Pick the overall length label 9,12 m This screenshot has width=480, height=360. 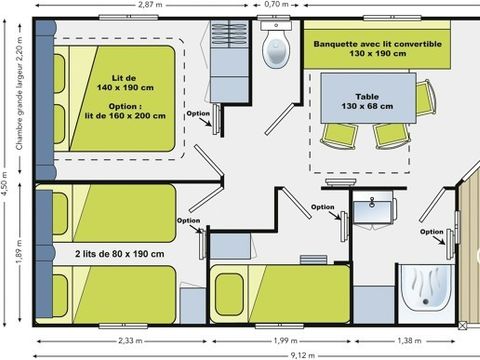[242, 354]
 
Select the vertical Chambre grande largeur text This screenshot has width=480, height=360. [19, 95]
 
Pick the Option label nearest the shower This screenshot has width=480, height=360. [431, 232]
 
